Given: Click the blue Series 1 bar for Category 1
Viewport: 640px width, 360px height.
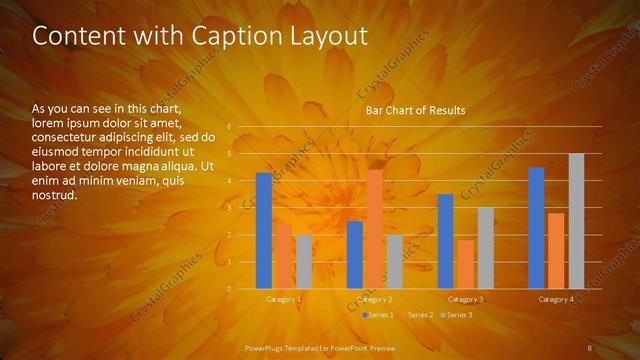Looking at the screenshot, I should coord(264,231).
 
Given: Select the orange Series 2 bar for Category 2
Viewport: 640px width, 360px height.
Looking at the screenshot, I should coord(374,229).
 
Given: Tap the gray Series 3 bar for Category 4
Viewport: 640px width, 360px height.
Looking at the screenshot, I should coord(576,221).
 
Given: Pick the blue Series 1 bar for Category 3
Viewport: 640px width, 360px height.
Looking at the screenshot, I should coord(446,241).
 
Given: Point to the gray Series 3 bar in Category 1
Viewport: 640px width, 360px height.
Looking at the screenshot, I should coord(303,262).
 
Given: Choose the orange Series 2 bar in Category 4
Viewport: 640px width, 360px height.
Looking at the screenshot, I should coord(556,251).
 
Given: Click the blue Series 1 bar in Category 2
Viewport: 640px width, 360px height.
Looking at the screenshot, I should coord(355,255).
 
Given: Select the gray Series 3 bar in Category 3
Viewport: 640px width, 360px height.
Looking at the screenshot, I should coord(485,248).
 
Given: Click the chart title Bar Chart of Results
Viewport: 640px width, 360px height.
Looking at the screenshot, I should coord(415,110).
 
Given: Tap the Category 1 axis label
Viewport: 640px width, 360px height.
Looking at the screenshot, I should coord(284,299).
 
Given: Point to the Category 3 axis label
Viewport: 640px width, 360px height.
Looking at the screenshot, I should coord(466,299).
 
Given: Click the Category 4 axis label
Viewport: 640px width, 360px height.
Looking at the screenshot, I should coord(556,299).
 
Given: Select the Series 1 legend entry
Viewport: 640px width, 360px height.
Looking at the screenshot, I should coord(378,315).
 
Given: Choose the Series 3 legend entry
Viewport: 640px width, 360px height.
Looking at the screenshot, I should coord(457,315).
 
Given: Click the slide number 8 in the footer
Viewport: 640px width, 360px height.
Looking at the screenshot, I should coord(589,347).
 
